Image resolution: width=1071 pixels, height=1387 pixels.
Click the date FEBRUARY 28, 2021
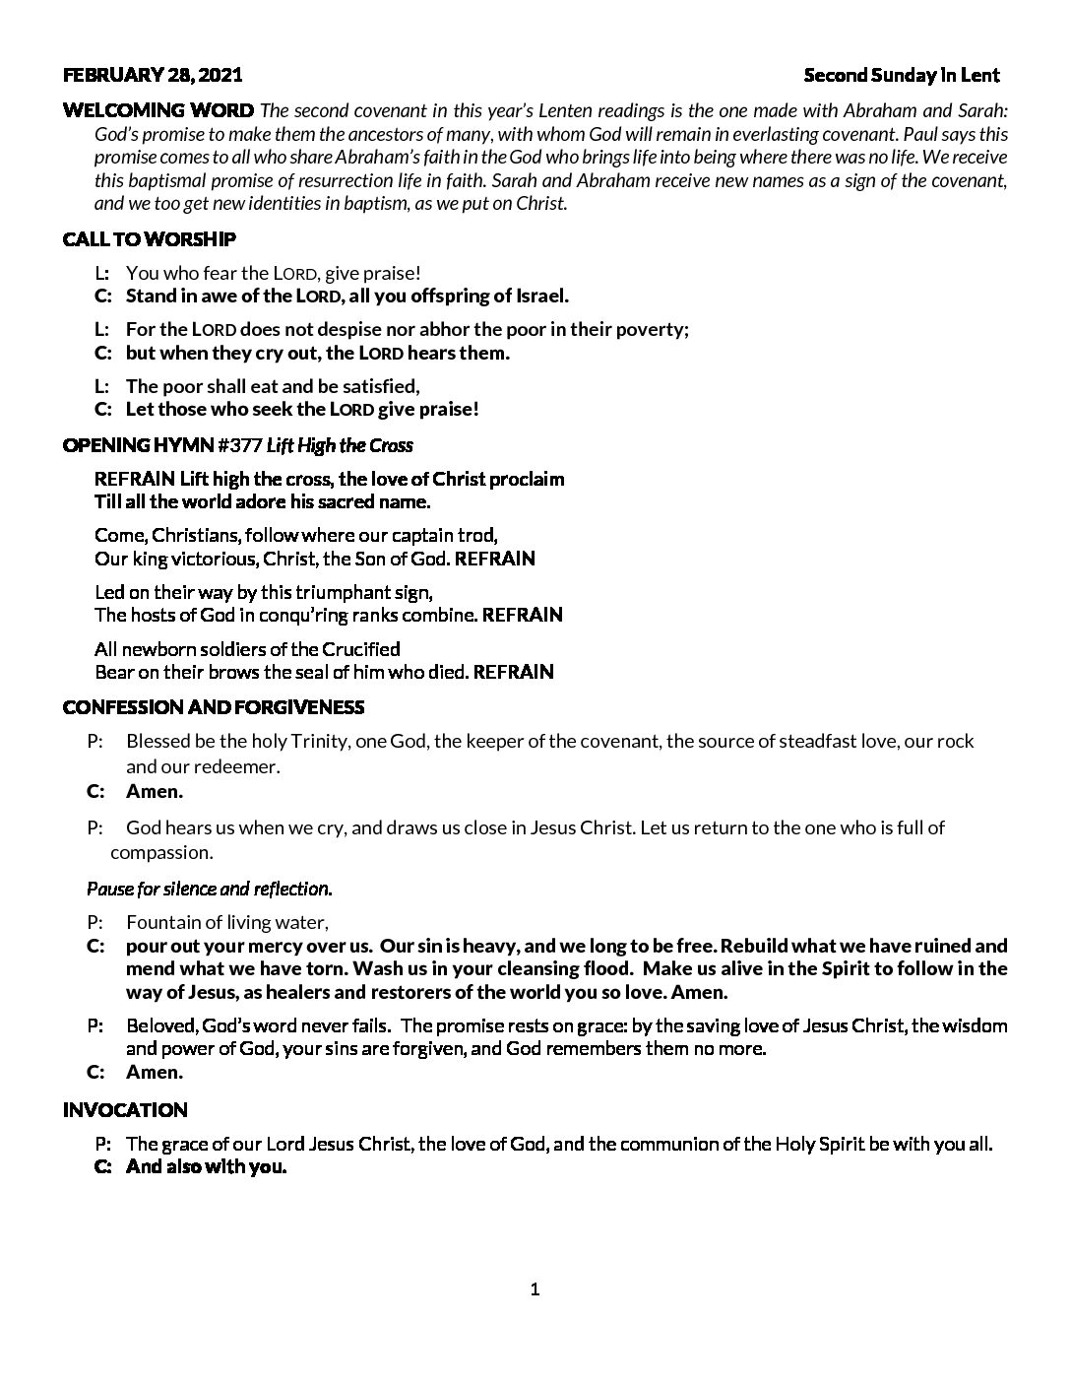coord(153,75)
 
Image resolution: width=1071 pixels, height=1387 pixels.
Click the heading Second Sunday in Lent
coord(901,75)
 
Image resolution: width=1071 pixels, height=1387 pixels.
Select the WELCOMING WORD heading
coord(158,109)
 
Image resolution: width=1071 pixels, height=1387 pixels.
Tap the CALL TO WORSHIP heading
coord(150,239)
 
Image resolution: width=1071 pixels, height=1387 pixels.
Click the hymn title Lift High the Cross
coord(340,445)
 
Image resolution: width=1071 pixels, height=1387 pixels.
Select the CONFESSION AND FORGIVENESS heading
coord(214,707)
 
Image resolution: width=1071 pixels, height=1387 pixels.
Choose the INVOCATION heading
coord(125,1110)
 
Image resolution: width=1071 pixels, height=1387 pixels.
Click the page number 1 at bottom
coord(535,1289)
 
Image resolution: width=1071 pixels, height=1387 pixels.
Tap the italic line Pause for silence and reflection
coord(210,889)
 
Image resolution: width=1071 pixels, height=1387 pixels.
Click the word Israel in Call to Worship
coord(540,296)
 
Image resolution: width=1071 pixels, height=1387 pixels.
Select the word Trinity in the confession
coord(316,741)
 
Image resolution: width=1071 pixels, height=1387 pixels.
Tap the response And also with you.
coord(206,1167)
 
